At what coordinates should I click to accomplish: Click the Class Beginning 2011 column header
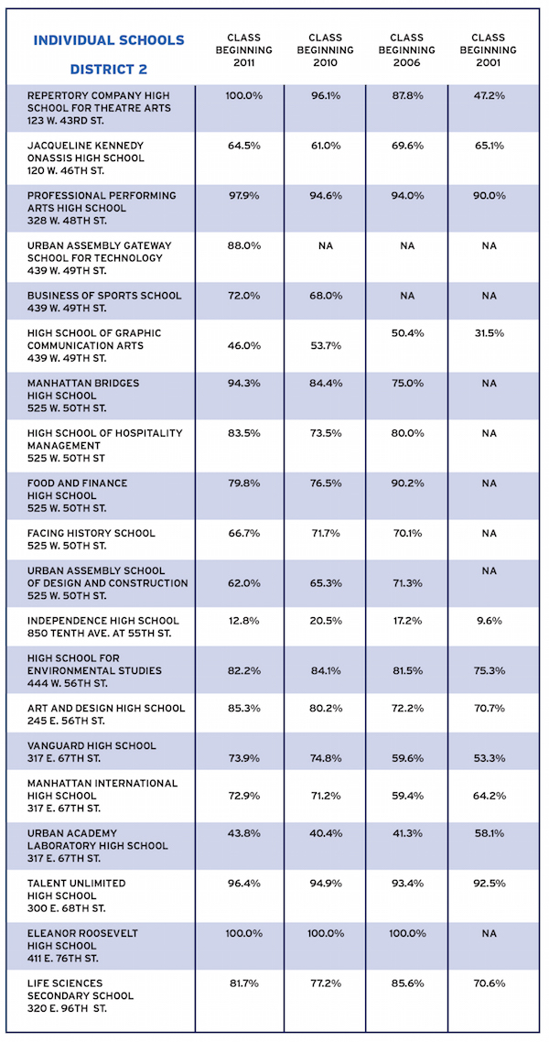click(244, 50)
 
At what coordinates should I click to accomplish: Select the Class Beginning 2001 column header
click(489, 50)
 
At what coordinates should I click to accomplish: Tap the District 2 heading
click(109, 69)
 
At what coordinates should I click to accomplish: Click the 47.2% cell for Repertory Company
click(489, 96)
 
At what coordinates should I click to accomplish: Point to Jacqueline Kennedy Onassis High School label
click(86, 158)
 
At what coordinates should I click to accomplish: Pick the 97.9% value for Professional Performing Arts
click(244, 195)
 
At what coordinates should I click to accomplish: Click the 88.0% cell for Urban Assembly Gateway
click(244, 246)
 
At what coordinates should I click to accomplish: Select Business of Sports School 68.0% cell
click(326, 295)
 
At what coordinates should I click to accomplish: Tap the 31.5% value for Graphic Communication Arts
click(489, 333)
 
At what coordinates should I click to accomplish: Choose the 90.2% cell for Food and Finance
click(407, 483)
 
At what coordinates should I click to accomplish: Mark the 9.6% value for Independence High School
click(489, 621)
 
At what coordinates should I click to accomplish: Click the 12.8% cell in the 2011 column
click(244, 621)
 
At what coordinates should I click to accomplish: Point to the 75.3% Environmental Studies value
click(489, 670)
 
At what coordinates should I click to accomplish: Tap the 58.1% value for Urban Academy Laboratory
click(489, 833)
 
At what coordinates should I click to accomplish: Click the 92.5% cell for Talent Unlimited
click(489, 884)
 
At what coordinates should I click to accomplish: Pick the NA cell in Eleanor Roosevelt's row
click(489, 934)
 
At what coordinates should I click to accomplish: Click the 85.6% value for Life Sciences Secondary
click(407, 982)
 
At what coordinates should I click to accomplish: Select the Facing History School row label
click(91, 539)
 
